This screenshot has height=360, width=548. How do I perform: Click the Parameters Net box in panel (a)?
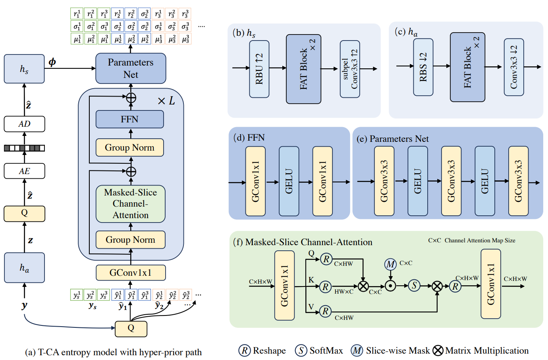[131, 68]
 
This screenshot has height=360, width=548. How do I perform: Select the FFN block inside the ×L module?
[129, 119]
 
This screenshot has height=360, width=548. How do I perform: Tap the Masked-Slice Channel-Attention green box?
[131, 204]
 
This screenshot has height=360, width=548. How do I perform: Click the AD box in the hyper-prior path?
[24, 124]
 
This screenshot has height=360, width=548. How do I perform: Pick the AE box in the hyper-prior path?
[24, 171]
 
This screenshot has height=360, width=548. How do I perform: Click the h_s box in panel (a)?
[24, 69]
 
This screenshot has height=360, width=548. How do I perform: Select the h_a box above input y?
[24, 268]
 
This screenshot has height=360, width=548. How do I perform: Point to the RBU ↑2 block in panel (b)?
[259, 69]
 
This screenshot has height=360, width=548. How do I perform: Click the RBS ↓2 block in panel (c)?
[423, 67]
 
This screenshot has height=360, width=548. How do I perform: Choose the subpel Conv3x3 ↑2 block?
[350, 69]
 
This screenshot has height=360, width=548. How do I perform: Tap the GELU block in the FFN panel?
[289, 181]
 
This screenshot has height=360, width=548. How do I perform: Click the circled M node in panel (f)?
[390, 264]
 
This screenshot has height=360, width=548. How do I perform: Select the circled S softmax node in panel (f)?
[414, 285]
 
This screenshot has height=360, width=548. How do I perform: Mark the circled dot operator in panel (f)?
[390, 286]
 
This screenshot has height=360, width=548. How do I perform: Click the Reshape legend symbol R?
[245, 350]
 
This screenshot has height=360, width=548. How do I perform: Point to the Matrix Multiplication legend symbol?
[438, 350]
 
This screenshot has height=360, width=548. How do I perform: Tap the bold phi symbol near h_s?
[52, 62]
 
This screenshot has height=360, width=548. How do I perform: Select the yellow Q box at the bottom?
[131, 329]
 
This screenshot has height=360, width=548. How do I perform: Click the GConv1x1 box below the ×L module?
[131, 273]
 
